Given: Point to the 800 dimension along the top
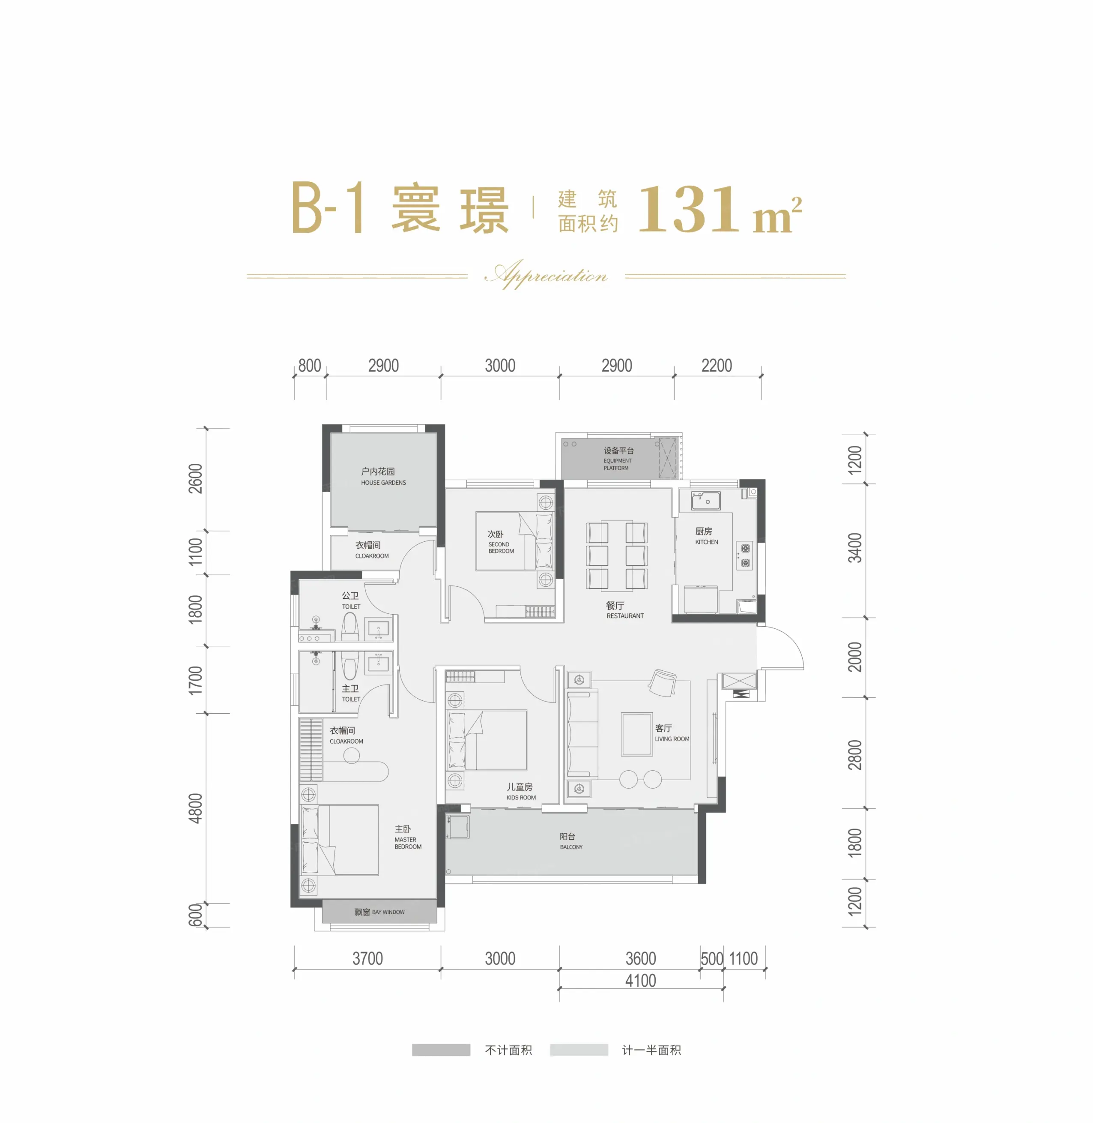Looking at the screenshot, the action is pyautogui.click(x=309, y=365).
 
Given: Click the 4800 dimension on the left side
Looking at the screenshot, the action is pyautogui.click(x=196, y=808).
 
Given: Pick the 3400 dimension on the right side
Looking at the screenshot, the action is pyautogui.click(x=855, y=547).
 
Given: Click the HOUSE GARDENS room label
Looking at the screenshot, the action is pyautogui.click(x=383, y=483).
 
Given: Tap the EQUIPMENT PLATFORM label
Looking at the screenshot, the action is pyautogui.click(x=617, y=464).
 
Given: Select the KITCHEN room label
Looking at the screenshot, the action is pyautogui.click(x=706, y=542).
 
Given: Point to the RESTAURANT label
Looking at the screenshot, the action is pyautogui.click(x=625, y=616).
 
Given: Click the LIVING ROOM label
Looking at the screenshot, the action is pyautogui.click(x=672, y=739).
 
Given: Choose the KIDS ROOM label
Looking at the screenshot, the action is pyautogui.click(x=521, y=797).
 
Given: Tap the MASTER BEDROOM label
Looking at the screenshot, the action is pyautogui.click(x=408, y=843).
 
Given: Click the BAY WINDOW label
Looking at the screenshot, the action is pyautogui.click(x=388, y=912).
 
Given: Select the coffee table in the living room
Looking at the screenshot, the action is pyautogui.click(x=636, y=734).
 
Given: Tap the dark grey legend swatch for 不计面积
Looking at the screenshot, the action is pyautogui.click(x=441, y=1049).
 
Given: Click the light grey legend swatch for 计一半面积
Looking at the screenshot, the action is pyautogui.click(x=579, y=1049).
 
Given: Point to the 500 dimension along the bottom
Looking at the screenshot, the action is pyautogui.click(x=712, y=958).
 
